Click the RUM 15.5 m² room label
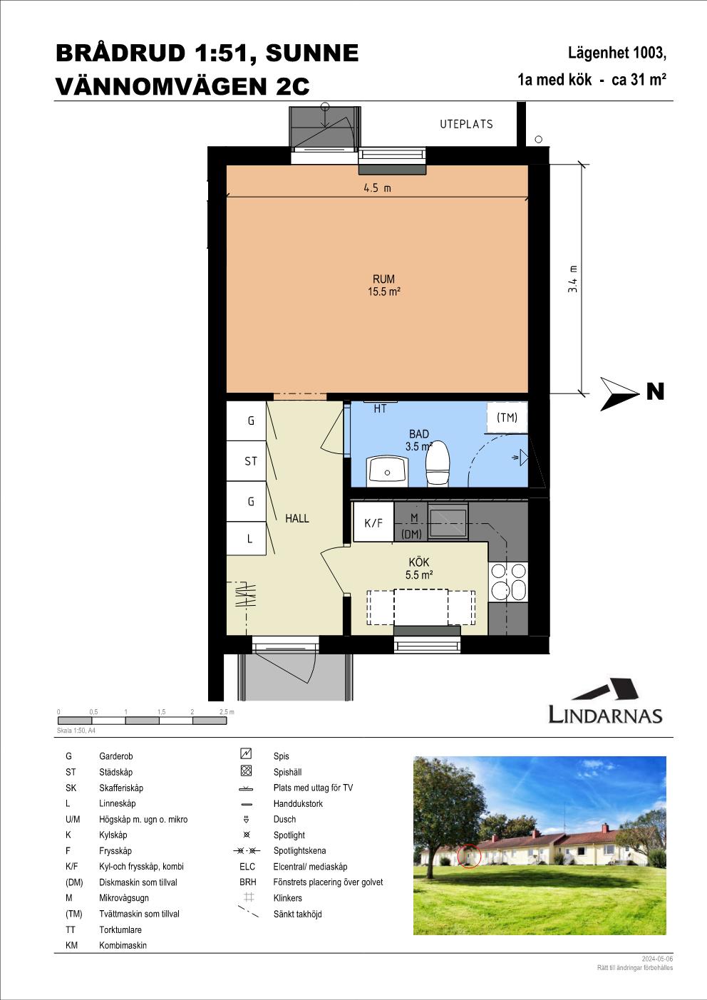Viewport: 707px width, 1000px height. click(384, 285)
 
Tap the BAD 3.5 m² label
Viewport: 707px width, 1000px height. click(418, 440)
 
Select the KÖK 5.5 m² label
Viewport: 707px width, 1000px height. click(418, 568)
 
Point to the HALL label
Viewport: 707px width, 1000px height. click(296, 518)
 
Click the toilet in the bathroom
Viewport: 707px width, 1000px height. click(438, 463)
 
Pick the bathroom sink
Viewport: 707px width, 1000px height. click(387, 471)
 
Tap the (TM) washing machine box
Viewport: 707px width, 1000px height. click(507, 417)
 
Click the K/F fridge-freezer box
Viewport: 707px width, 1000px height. click(373, 522)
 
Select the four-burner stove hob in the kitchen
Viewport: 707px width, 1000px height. click(508, 582)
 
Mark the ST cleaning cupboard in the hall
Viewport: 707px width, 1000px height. click(247, 460)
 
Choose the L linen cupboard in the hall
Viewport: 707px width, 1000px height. click(247, 538)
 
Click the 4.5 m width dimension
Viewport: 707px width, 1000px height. click(377, 188)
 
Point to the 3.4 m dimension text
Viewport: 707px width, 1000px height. click(573, 279)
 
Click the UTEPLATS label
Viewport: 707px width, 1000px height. click(466, 124)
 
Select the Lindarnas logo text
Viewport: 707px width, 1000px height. click(605, 715)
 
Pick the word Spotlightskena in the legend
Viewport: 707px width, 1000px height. click(299, 850)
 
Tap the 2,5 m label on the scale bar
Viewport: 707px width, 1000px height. click(227, 711)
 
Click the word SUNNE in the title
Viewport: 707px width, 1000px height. click(312, 53)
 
